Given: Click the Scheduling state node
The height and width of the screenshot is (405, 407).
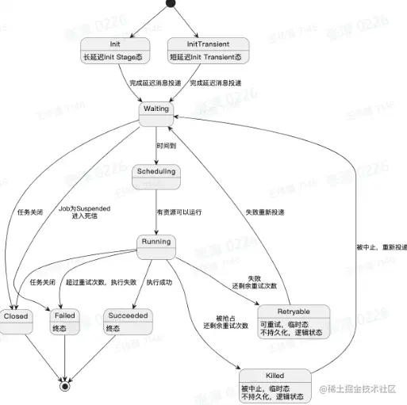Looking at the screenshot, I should click(156, 177).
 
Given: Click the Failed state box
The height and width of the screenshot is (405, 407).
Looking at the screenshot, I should click(64, 321).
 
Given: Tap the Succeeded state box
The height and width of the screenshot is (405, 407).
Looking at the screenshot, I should click(128, 321).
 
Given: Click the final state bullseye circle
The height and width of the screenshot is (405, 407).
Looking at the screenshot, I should click(64, 388).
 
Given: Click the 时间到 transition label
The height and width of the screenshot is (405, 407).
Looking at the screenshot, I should click(167, 147).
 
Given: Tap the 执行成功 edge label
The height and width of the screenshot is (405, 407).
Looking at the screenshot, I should click(159, 281).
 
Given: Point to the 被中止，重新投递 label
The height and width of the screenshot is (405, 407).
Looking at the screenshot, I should click(381, 247).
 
